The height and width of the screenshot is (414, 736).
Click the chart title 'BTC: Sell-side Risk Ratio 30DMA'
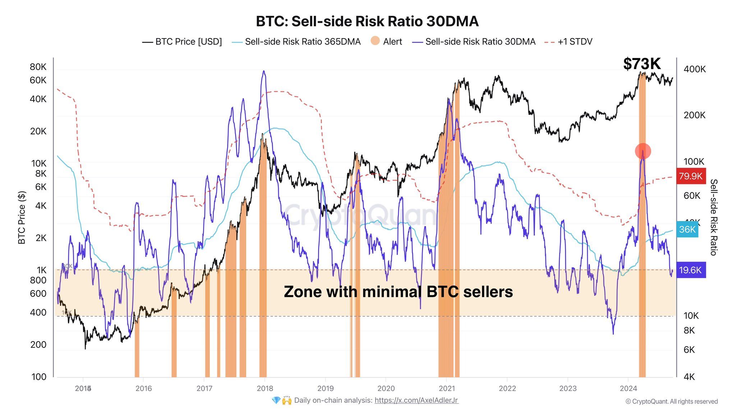click(367, 22)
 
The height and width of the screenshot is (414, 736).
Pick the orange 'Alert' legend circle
click(375, 41)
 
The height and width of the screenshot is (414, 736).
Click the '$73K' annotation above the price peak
click(642, 64)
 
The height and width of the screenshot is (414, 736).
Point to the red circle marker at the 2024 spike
click(643, 151)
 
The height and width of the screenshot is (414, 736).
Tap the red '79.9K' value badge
click(691, 176)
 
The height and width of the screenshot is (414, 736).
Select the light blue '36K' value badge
click(687, 229)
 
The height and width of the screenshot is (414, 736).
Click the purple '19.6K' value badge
click(691, 270)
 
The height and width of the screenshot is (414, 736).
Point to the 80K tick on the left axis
click(38, 67)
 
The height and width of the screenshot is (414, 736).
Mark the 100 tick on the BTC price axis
click(39, 377)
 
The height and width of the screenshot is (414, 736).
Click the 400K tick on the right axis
click(694, 69)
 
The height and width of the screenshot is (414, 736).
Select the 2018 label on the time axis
click(265, 388)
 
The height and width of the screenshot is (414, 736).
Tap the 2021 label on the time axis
click(447, 388)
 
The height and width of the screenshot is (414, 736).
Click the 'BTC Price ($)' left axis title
click(22, 218)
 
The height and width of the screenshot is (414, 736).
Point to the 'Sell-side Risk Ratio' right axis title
click(714, 217)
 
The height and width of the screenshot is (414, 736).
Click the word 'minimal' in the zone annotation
click(392, 292)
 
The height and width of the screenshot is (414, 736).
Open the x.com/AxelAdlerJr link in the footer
click(416, 400)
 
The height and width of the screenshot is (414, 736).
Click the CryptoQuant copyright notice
click(671, 401)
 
